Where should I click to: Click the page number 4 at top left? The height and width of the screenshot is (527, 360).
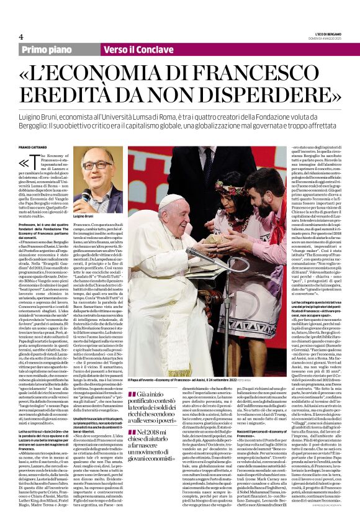21,36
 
